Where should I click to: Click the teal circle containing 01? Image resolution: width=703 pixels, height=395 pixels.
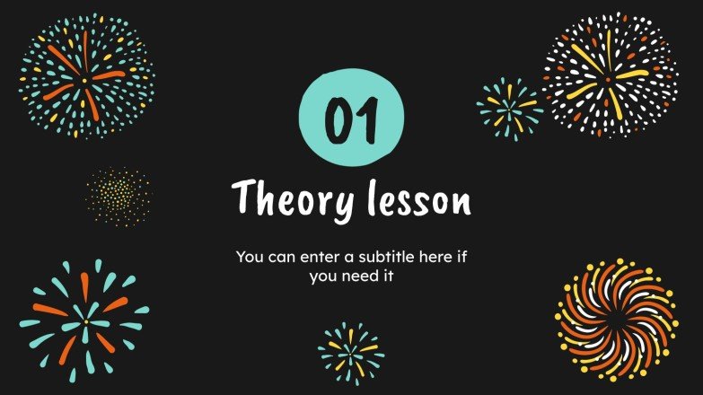pyautogui.click(x=351, y=118)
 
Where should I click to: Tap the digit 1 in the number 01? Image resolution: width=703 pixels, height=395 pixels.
pyautogui.click(x=366, y=120)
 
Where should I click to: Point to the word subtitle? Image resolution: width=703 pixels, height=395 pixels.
pyautogui.click(x=370, y=257)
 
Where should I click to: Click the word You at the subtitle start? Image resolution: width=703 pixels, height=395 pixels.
pyautogui.click(x=249, y=258)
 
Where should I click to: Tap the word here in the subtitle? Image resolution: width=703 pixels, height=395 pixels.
pyautogui.click(x=430, y=257)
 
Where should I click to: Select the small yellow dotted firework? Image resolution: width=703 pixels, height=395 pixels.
pyautogui.click(x=119, y=196)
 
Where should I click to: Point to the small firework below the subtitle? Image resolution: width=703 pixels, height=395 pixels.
pyautogui.click(x=351, y=349)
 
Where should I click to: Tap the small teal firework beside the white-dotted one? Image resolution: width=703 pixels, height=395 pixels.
pyautogui.click(x=509, y=106)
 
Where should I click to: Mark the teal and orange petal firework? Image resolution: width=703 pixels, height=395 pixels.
pyautogui.click(x=84, y=320)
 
